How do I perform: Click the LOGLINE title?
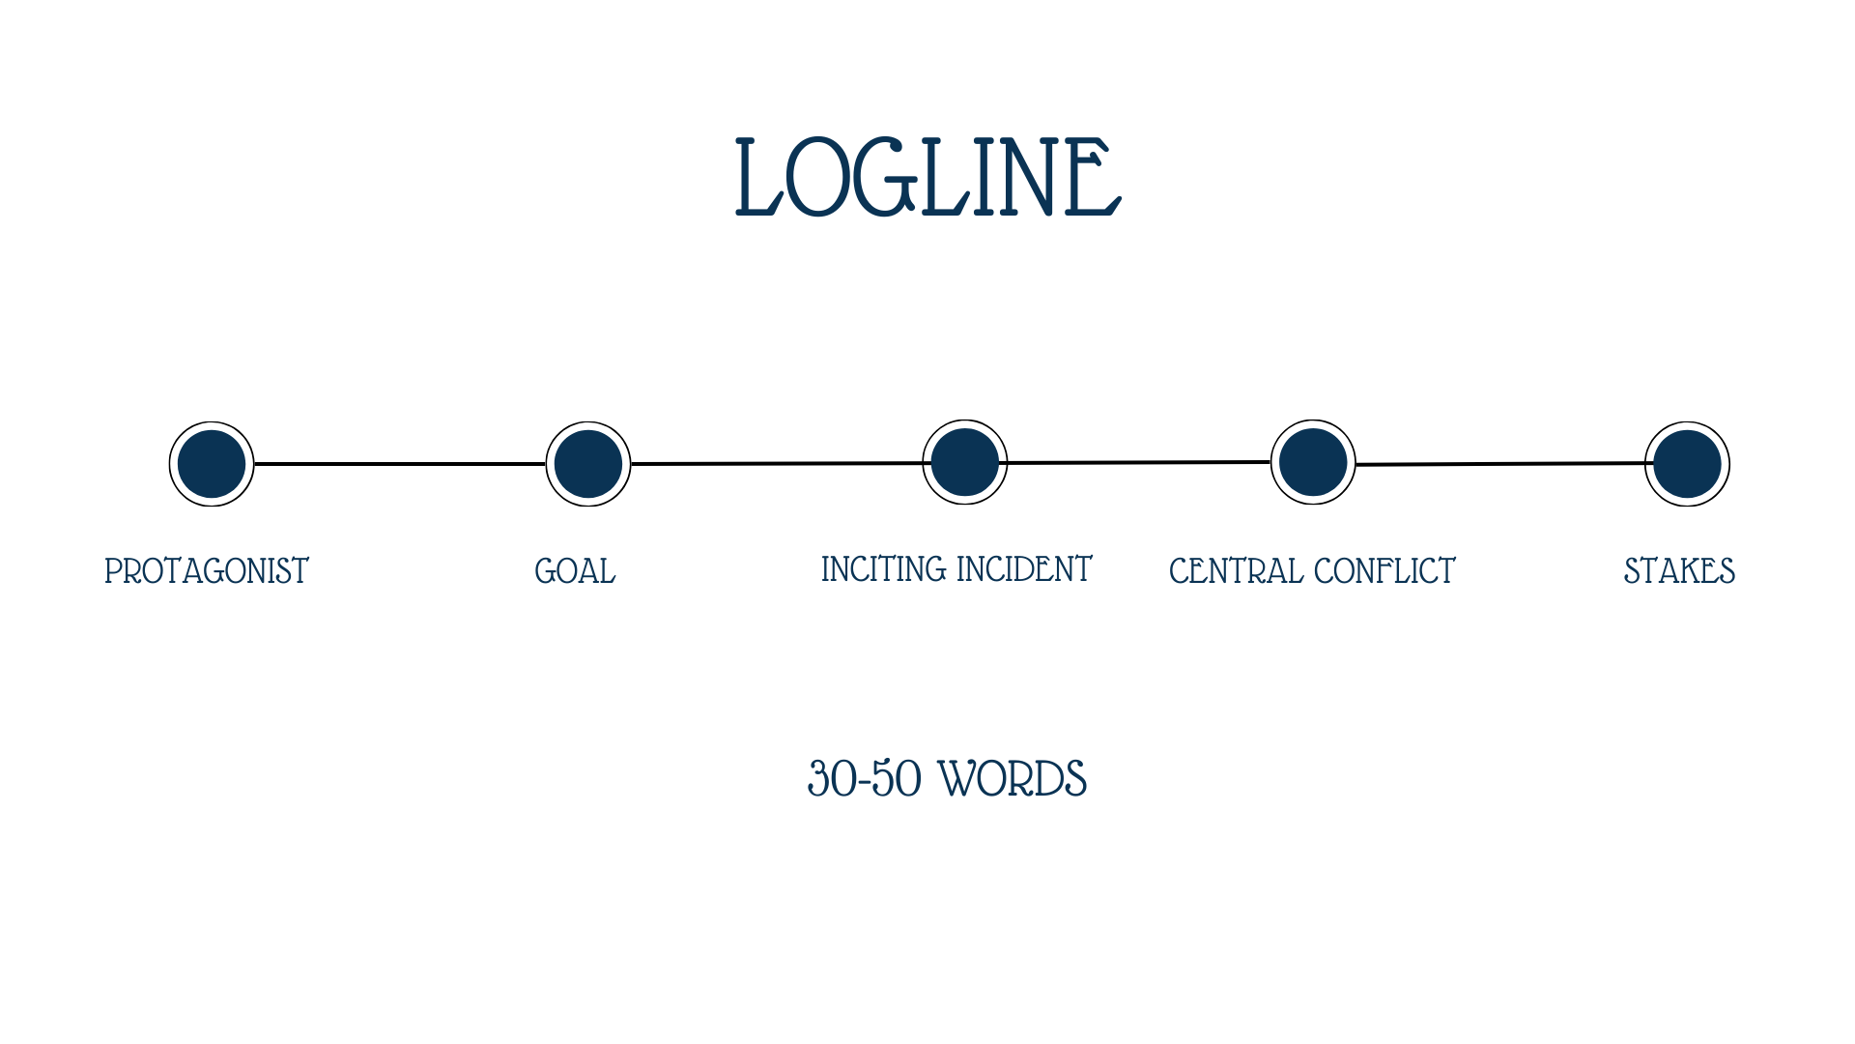point(927,178)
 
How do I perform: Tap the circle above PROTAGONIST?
point(212,464)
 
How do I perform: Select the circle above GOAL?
point(588,464)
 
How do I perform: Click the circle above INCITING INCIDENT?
point(965,462)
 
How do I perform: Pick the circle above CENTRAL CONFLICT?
point(1313,462)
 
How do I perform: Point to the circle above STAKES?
point(1687,464)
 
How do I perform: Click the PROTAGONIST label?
point(207,571)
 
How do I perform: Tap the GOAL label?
point(575,571)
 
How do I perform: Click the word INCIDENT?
point(1024,569)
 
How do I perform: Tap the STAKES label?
point(1679,571)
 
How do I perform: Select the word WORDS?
point(1013,779)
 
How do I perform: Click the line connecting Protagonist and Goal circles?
point(400,464)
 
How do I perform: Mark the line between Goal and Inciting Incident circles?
point(777,464)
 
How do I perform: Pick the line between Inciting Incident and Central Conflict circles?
point(1139,463)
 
